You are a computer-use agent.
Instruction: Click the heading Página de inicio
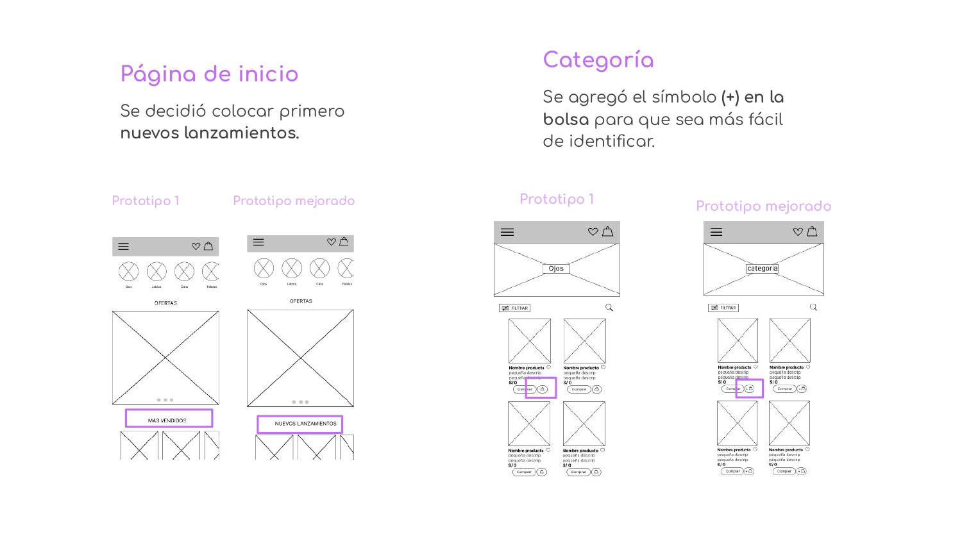(209, 74)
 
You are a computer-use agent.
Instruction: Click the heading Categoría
(598, 60)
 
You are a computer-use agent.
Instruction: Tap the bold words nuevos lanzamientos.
(210, 133)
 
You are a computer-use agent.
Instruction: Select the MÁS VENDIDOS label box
(169, 419)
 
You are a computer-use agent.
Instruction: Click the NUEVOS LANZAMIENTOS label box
(300, 424)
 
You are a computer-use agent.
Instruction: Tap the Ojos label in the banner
(556, 269)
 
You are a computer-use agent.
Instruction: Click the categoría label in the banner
(762, 269)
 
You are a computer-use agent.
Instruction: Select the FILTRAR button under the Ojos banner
(514, 308)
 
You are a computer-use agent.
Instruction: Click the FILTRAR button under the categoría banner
(723, 308)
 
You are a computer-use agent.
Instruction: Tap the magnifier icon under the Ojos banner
(609, 308)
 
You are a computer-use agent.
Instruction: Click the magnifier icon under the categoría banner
(813, 308)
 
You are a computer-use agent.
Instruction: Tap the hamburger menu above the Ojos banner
(507, 232)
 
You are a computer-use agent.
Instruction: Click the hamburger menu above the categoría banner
(716, 232)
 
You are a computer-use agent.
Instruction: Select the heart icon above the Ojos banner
(593, 232)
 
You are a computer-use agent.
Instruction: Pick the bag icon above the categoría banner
(812, 231)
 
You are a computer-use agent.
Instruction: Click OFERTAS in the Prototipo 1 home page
(165, 303)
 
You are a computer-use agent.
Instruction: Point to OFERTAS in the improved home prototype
(301, 301)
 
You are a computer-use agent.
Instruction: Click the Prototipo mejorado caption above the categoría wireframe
(763, 206)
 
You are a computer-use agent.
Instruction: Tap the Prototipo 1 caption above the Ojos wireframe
(557, 199)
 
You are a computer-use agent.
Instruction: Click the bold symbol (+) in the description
(730, 97)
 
